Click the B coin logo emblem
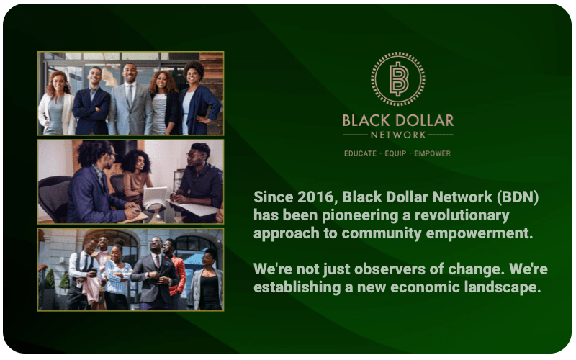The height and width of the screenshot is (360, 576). click(x=398, y=79)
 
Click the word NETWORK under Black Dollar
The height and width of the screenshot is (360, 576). click(x=398, y=135)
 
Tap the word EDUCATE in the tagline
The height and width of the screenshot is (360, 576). click(x=360, y=153)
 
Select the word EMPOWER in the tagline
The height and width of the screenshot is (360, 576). click(x=433, y=153)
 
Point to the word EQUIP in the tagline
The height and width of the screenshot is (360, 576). click(x=395, y=153)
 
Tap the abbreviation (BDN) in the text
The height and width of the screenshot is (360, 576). click(x=518, y=197)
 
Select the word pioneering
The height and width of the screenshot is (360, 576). click(x=360, y=216)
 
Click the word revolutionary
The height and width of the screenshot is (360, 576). click(x=462, y=216)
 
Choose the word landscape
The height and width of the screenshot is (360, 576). click(x=502, y=287)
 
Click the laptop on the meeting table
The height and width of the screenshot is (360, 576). click(x=154, y=197)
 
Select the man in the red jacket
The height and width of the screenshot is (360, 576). click(x=176, y=270)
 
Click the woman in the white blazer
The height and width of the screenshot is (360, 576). click(x=57, y=104)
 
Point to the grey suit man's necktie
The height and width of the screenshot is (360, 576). click(x=130, y=95)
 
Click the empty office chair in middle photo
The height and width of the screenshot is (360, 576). click(x=55, y=199)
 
